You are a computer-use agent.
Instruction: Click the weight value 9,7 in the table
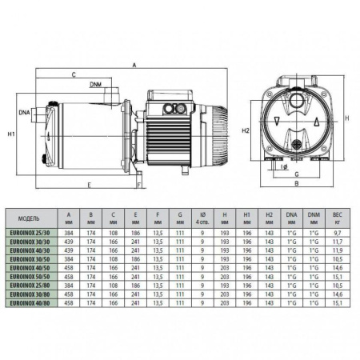tap(337, 230)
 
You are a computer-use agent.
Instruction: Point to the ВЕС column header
tap(337, 216)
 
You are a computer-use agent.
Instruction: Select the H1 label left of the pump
tap(10, 133)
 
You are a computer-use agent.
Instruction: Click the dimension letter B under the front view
tap(296, 184)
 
